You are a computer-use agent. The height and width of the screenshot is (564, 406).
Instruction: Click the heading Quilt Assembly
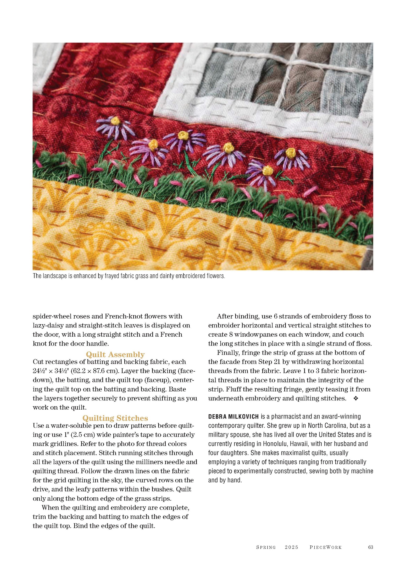(115, 354)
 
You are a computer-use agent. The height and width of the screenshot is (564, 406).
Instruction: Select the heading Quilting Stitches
(115, 418)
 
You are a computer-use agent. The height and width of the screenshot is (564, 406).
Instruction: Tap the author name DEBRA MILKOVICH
(233, 416)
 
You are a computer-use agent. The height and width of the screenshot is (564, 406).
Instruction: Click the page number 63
(370, 547)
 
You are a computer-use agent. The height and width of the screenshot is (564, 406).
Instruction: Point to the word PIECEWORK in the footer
(326, 547)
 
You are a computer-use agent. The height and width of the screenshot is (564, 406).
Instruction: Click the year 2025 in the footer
(292, 547)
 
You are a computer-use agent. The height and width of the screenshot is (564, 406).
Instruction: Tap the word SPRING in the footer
(266, 547)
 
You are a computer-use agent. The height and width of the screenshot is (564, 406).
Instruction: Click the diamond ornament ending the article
(356, 399)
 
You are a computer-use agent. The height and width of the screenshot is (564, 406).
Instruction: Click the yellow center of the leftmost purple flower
(115, 121)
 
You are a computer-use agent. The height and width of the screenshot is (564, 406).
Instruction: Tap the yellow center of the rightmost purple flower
(291, 152)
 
